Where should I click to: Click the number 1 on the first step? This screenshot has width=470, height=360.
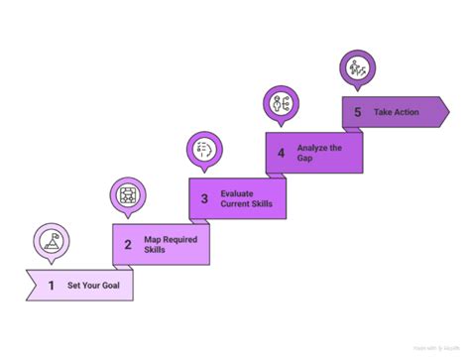[x=51, y=286]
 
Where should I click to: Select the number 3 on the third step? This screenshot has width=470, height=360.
[x=204, y=198]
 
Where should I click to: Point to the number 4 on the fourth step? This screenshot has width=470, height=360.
[x=282, y=154]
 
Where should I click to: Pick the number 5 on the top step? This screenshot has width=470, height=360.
[x=357, y=112]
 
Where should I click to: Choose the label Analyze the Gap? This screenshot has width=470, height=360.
[x=319, y=154]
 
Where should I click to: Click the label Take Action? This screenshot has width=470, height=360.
[x=397, y=112]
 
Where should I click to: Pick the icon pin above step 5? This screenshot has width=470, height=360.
[x=357, y=69]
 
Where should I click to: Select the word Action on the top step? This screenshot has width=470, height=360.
[x=406, y=112]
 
